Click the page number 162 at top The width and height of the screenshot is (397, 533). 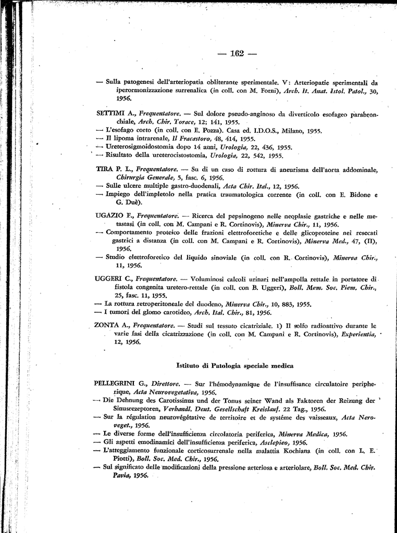pos(237,54)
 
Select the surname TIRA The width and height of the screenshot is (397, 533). pos(104,170)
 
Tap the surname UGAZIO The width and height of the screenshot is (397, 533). pos(109,215)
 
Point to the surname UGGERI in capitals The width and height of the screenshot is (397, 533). pos(109,279)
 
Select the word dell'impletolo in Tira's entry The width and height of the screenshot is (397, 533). pos(155,194)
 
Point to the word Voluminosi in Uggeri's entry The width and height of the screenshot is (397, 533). pos(208,279)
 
